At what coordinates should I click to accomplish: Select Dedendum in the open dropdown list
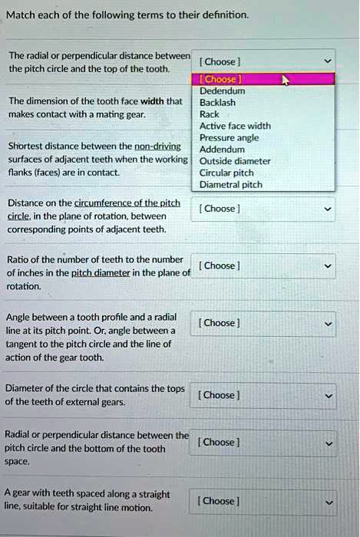(222, 91)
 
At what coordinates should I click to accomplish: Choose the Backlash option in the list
(216, 102)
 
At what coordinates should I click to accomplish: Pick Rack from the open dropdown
(209, 114)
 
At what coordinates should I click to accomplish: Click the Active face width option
(235, 126)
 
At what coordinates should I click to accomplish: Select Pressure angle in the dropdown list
(229, 138)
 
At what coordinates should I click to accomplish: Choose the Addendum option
(222, 150)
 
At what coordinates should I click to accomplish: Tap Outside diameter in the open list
(235, 161)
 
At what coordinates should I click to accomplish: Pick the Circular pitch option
(226, 173)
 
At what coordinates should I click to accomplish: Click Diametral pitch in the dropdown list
(230, 184)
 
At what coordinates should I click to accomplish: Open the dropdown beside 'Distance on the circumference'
(266, 209)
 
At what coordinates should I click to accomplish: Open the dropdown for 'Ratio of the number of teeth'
(266, 265)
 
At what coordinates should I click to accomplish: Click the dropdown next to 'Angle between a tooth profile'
(266, 323)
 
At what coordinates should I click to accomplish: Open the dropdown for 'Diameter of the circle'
(266, 395)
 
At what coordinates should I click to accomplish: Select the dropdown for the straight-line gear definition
(266, 502)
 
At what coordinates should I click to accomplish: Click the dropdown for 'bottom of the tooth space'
(266, 443)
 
